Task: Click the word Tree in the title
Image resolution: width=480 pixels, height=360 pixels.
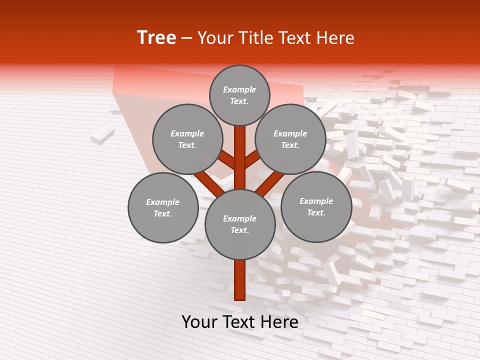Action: tap(156, 38)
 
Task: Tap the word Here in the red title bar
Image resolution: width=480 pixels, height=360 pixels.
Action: tap(334, 38)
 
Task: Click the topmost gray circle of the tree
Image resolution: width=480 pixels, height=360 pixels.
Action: tap(239, 95)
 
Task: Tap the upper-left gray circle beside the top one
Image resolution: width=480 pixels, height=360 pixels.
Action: tap(187, 139)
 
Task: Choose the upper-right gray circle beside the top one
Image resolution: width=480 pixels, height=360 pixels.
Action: tap(290, 139)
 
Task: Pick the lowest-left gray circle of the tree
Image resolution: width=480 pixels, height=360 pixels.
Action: tap(163, 207)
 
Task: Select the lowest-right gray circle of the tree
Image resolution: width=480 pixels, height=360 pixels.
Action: tap(316, 206)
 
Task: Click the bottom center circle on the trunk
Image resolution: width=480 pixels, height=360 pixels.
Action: tap(240, 224)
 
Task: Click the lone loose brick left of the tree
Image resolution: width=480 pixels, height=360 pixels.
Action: tap(102, 135)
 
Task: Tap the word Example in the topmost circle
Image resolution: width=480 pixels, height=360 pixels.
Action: tap(239, 90)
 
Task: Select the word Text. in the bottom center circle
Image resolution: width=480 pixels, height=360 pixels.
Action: tap(239, 230)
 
